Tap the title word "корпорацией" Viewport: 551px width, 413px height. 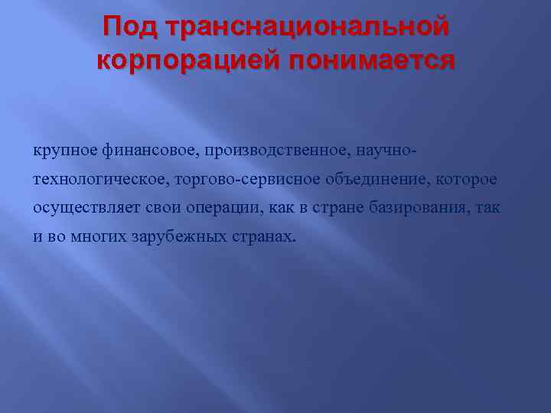coord(181,60)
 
